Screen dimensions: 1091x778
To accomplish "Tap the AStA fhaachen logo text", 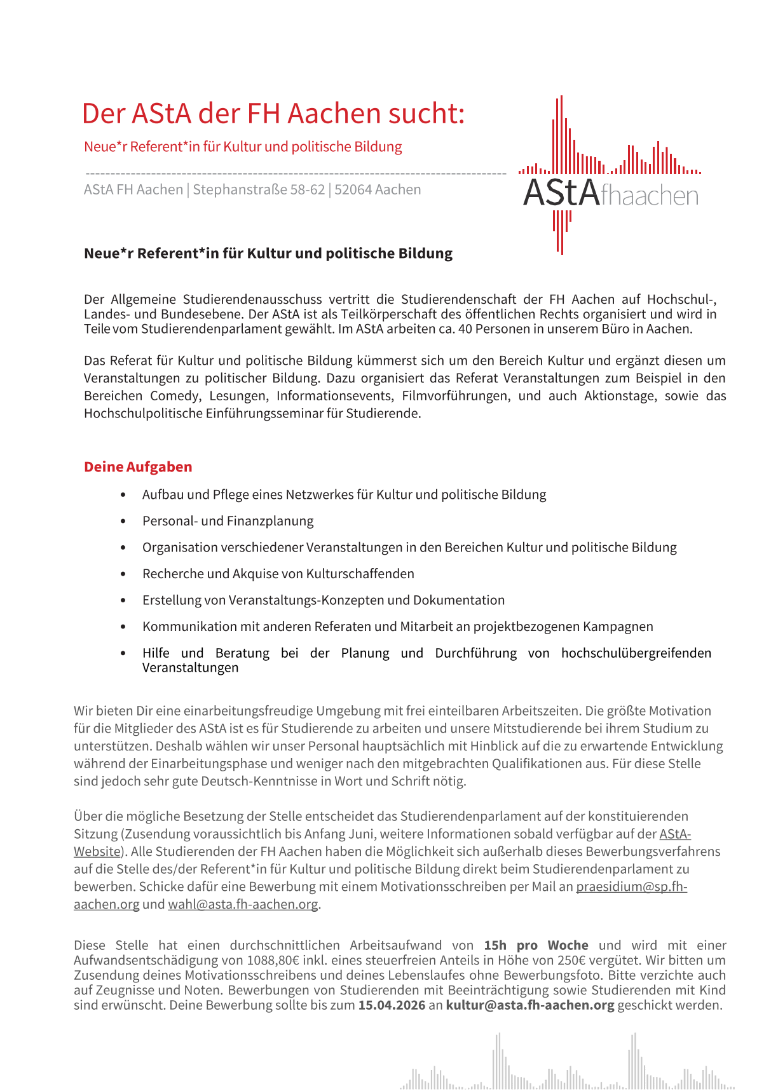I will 610,193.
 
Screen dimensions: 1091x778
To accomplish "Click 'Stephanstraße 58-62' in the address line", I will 259,189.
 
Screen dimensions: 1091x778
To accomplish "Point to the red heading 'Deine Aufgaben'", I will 138,466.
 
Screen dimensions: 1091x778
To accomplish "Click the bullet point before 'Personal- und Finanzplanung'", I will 123,521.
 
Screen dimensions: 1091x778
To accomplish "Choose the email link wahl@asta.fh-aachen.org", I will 243,904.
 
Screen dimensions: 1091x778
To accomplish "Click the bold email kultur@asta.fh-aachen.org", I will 530,1005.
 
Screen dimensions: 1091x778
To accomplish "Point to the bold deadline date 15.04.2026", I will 392,1005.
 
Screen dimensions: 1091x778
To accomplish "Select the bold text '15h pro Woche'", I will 536,945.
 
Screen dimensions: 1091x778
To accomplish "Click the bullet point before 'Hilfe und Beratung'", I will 123,653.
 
